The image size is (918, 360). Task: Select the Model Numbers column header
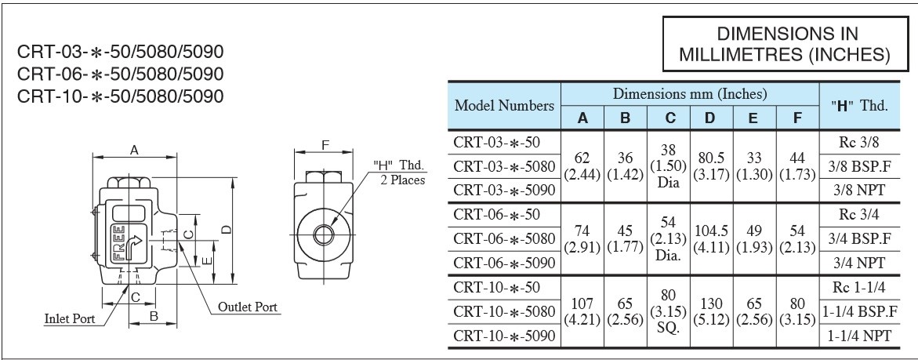click(x=505, y=106)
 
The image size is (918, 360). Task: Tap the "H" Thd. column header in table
click(x=859, y=106)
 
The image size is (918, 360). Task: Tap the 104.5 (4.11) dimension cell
click(x=709, y=238)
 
